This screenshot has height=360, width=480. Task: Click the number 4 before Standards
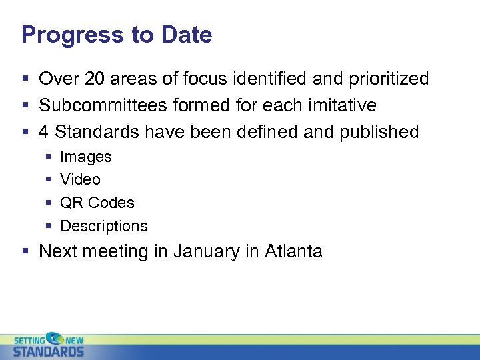click(43, 132)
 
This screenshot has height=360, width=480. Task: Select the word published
click(379, 132)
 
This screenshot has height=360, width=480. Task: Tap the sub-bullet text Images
click(86, 157)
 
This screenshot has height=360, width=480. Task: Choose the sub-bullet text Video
click(80, 179)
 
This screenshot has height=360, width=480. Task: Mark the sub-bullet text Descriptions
click(104, 226)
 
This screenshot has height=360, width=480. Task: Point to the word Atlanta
click(293, 251)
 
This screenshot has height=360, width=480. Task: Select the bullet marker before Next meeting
click(25, 252)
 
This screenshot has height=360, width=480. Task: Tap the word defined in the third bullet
click(265, 132)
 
